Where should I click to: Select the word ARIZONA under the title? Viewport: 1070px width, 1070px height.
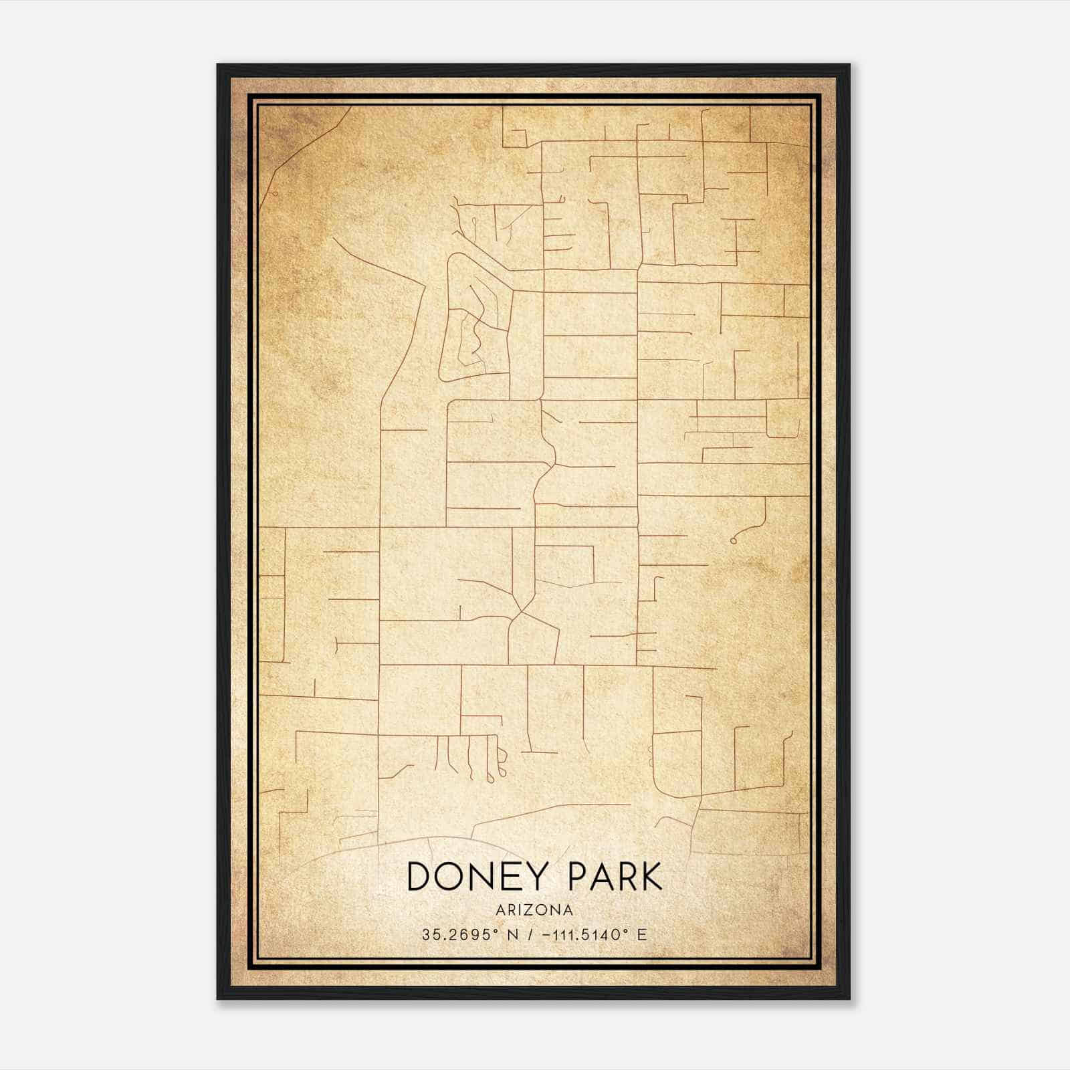pos(534,910)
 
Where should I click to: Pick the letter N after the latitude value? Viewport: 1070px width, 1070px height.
pos(513,934)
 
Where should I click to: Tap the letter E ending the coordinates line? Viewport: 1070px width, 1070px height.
pos(643,934)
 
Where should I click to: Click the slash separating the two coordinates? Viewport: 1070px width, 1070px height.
pos(530,934)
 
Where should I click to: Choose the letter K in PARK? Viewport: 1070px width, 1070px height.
pos(649,877)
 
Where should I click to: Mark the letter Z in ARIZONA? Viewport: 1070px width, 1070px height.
pos(529,910)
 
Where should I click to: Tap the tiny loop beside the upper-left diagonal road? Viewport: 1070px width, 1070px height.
pos(274,193)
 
